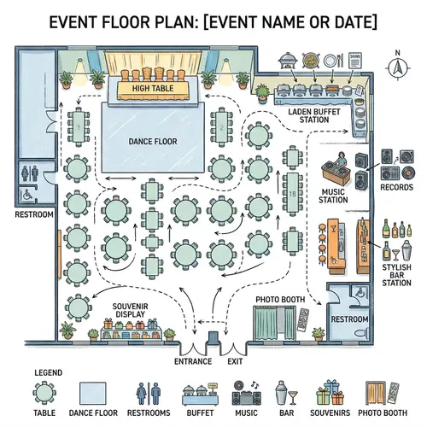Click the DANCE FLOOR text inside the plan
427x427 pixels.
pyautogui.click(x=152, y=141)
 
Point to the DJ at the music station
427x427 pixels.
pyautogui.click(x=336, y=160)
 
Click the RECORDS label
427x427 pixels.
pyautogui.click(x=396, y=187)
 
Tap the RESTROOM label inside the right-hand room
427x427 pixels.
pyautogui.click(x=349, y=319)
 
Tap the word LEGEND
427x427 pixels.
pyautogui.click(x=49, y=373)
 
